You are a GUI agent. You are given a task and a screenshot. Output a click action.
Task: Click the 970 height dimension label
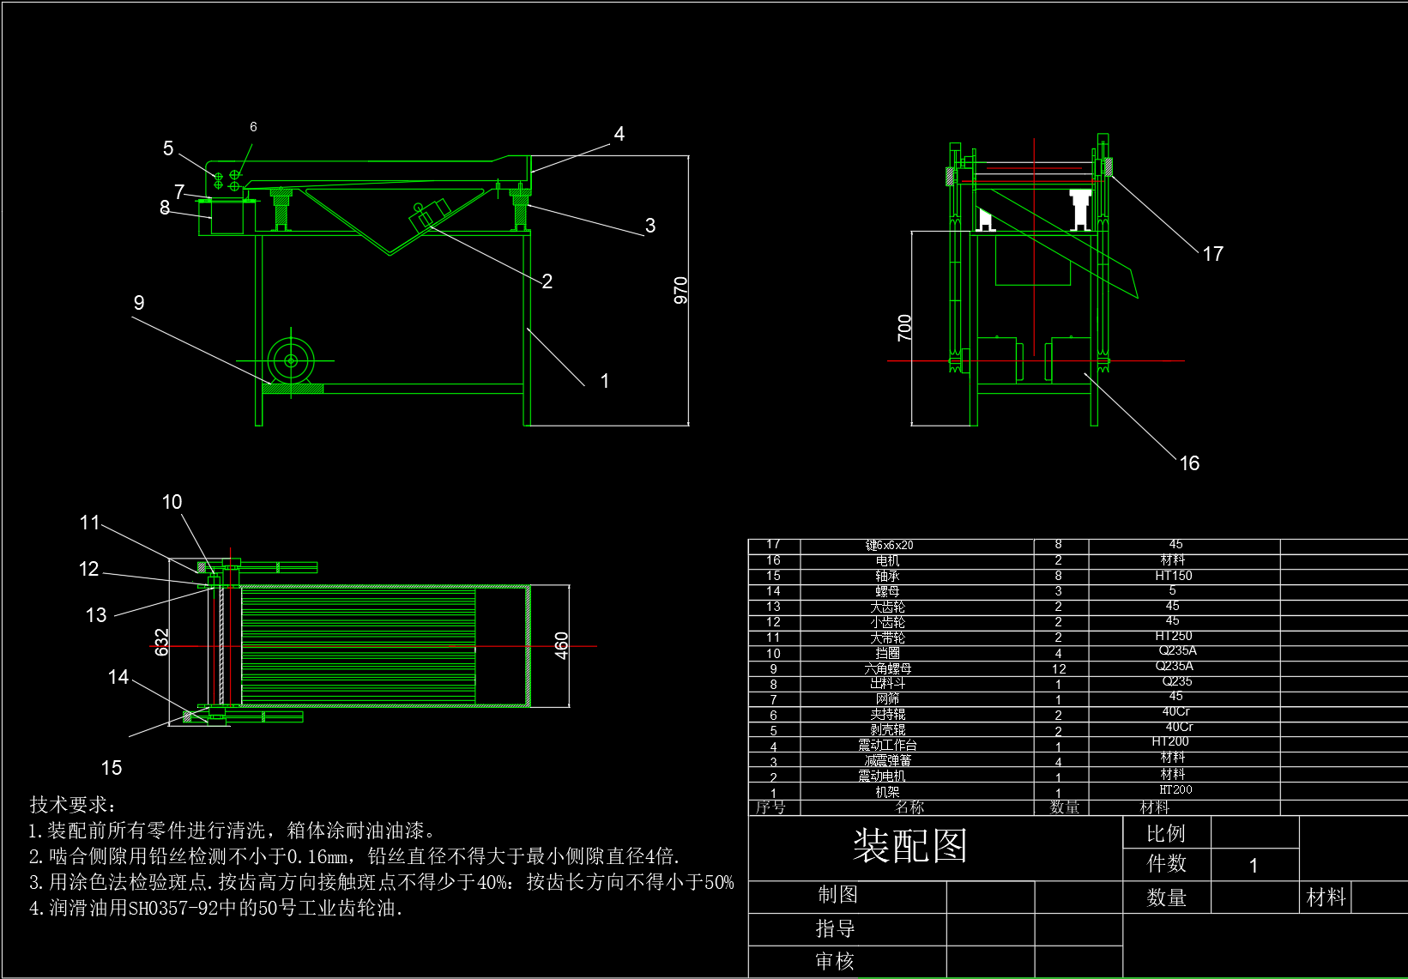(x=680, y=290)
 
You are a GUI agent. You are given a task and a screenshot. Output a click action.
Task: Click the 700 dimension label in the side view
(x=904, y=328)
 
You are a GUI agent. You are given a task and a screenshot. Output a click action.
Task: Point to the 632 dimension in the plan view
(x=161, y=642)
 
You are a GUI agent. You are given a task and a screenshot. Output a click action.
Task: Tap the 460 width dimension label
(x=562, y=645)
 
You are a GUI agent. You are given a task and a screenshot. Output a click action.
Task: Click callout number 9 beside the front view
(x=139, y=303)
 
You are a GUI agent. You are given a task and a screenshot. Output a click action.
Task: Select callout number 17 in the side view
(x=1212, y=254)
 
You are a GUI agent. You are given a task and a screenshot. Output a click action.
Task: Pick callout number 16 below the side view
(x=1189, y=463)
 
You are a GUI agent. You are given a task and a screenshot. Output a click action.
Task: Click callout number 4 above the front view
(x=619, y=134)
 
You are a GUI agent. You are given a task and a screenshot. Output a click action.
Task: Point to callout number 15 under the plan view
(x=112, y=768)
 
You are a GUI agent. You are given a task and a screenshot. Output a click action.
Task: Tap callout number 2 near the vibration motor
(x=547, y=281)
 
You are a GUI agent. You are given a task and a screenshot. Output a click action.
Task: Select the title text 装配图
(x=910, y=846)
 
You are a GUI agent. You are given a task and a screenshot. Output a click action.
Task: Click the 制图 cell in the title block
(x=837, y=895)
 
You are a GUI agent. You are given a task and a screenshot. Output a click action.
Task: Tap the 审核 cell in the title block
(x=835, y=961)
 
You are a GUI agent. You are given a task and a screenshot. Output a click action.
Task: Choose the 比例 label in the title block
(x=1165, y=833)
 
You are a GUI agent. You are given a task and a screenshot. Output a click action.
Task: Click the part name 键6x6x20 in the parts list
(x=889, y=545)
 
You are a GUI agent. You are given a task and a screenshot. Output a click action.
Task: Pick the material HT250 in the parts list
(x=1174, y=636)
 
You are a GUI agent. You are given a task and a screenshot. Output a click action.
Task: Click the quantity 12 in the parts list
(x=1059, y=669)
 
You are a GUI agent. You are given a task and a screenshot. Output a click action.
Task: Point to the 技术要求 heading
(x=72, y=805)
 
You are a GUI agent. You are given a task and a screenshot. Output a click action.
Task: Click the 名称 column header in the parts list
(x=909, y=807)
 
